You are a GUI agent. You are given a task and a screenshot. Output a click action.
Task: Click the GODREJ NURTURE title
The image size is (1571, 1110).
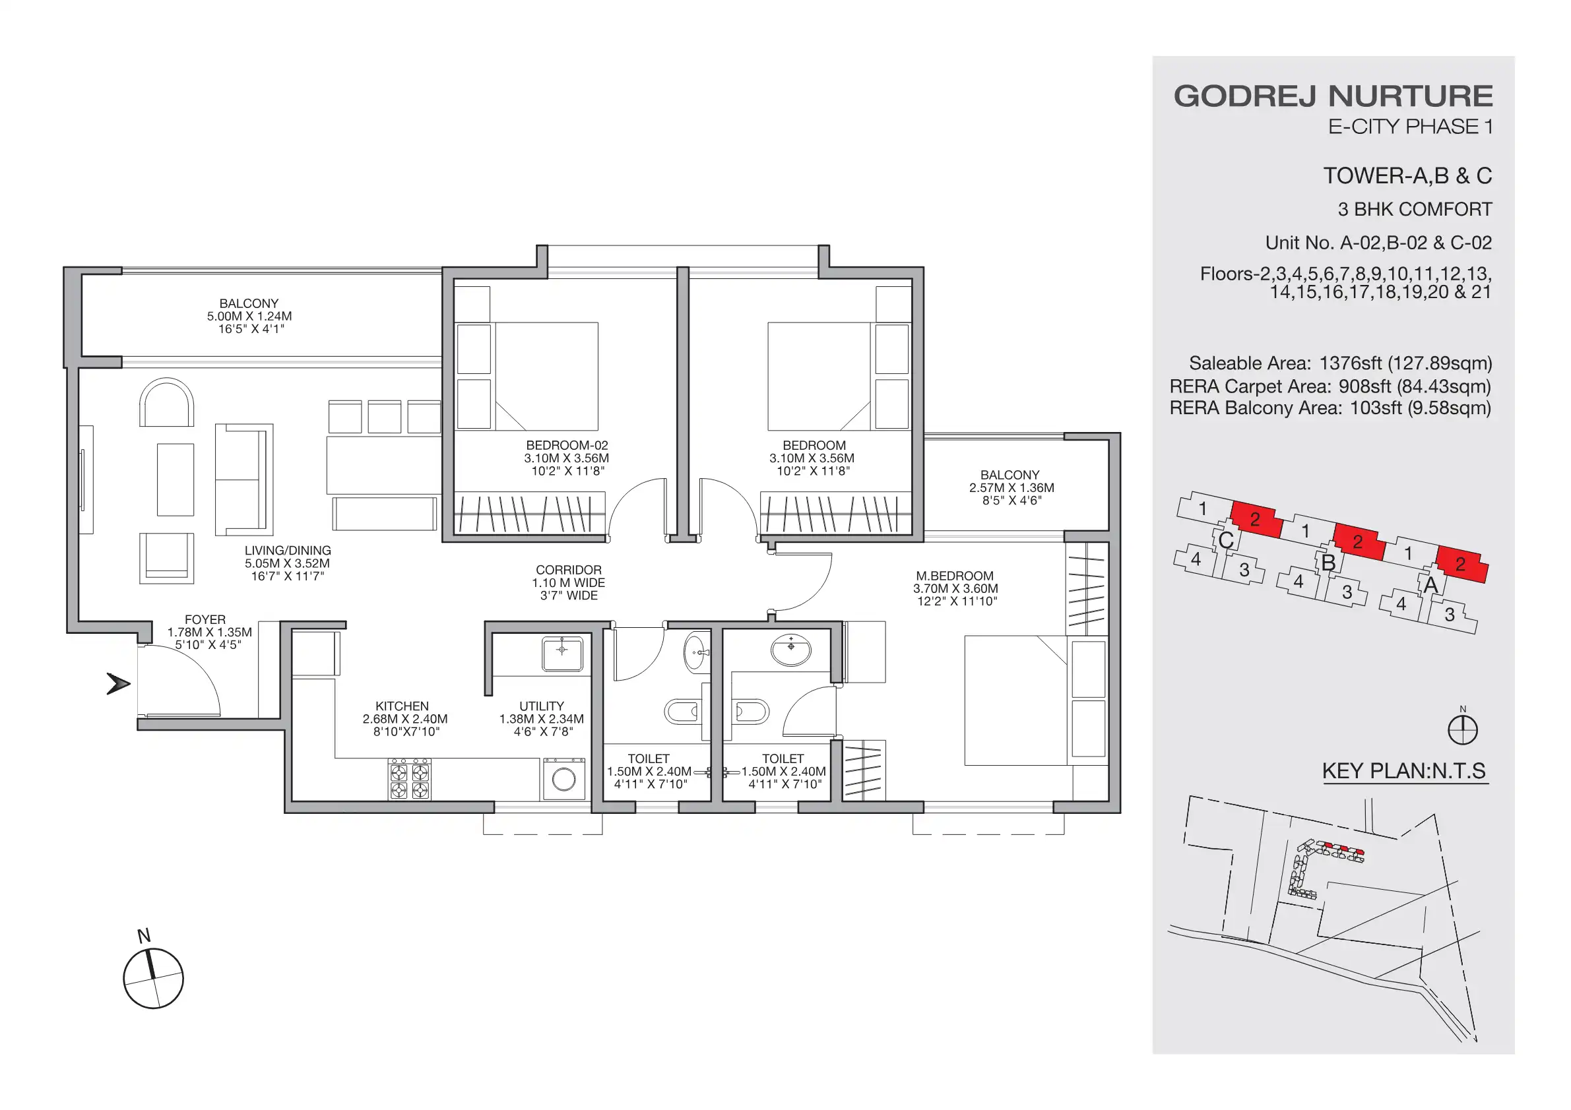[1332, 96]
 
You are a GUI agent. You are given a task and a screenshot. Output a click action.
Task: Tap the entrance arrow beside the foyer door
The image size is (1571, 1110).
[118, 683]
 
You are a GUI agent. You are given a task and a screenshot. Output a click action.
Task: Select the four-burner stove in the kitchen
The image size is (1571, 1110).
[409, 779]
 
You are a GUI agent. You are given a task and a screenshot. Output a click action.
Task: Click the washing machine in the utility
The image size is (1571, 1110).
[564, 779]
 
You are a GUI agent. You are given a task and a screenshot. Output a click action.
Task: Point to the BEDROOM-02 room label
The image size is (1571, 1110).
[567, 445]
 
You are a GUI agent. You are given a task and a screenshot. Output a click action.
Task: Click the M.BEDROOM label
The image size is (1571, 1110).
[955, 576]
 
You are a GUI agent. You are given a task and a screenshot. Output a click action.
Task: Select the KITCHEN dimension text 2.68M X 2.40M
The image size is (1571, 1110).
[404, 719]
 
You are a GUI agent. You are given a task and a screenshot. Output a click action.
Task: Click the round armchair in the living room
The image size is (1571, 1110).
[166, 404]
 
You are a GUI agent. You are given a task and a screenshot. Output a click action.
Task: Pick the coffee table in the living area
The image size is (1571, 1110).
[175, 479]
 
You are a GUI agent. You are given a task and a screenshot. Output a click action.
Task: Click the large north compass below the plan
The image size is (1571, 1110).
[153, 978]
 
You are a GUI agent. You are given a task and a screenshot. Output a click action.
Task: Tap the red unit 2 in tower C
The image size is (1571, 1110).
[1256, 520]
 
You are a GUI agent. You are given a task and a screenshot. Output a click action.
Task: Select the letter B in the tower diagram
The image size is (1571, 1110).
[1328, 563]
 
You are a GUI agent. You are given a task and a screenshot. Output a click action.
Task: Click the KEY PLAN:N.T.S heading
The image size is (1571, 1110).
[1403, 771]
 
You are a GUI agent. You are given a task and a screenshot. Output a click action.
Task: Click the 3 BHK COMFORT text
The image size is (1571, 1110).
[1415, 209]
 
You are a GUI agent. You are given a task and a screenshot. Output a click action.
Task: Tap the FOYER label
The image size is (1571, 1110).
[205, 619]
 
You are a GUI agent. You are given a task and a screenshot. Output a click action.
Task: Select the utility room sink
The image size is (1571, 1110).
[561, 654]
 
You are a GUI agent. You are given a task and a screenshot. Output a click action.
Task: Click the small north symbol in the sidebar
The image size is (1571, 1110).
[1462, 729]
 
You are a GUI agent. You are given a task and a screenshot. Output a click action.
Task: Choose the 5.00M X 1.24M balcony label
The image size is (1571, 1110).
[249, 316]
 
